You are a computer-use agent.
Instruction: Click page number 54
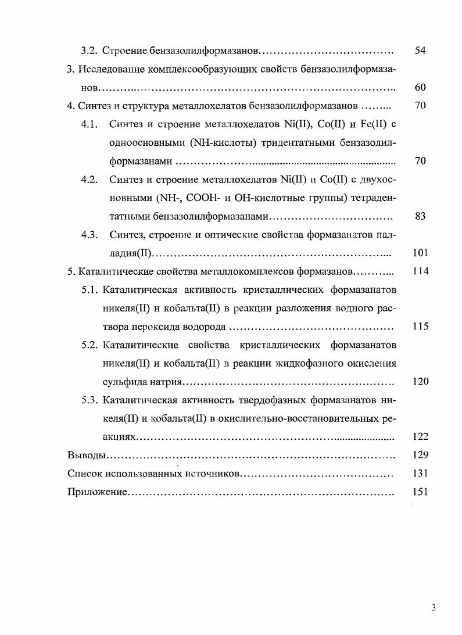click(421, 51)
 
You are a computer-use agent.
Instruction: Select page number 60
click(421, 87)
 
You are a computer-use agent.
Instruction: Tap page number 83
click(421, 216)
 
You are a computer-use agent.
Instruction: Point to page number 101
click(420, 253)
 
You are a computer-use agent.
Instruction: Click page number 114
click(420, 271)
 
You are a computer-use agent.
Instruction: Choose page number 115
click(420, 327)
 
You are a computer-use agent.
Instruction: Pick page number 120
click(420, 382)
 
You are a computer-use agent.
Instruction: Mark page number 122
click(420, 437)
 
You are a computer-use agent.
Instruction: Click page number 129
click(420, 455)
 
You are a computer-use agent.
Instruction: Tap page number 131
click(420, 473)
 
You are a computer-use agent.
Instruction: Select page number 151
click(420, 492)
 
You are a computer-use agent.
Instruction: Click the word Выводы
click(85, 455)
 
